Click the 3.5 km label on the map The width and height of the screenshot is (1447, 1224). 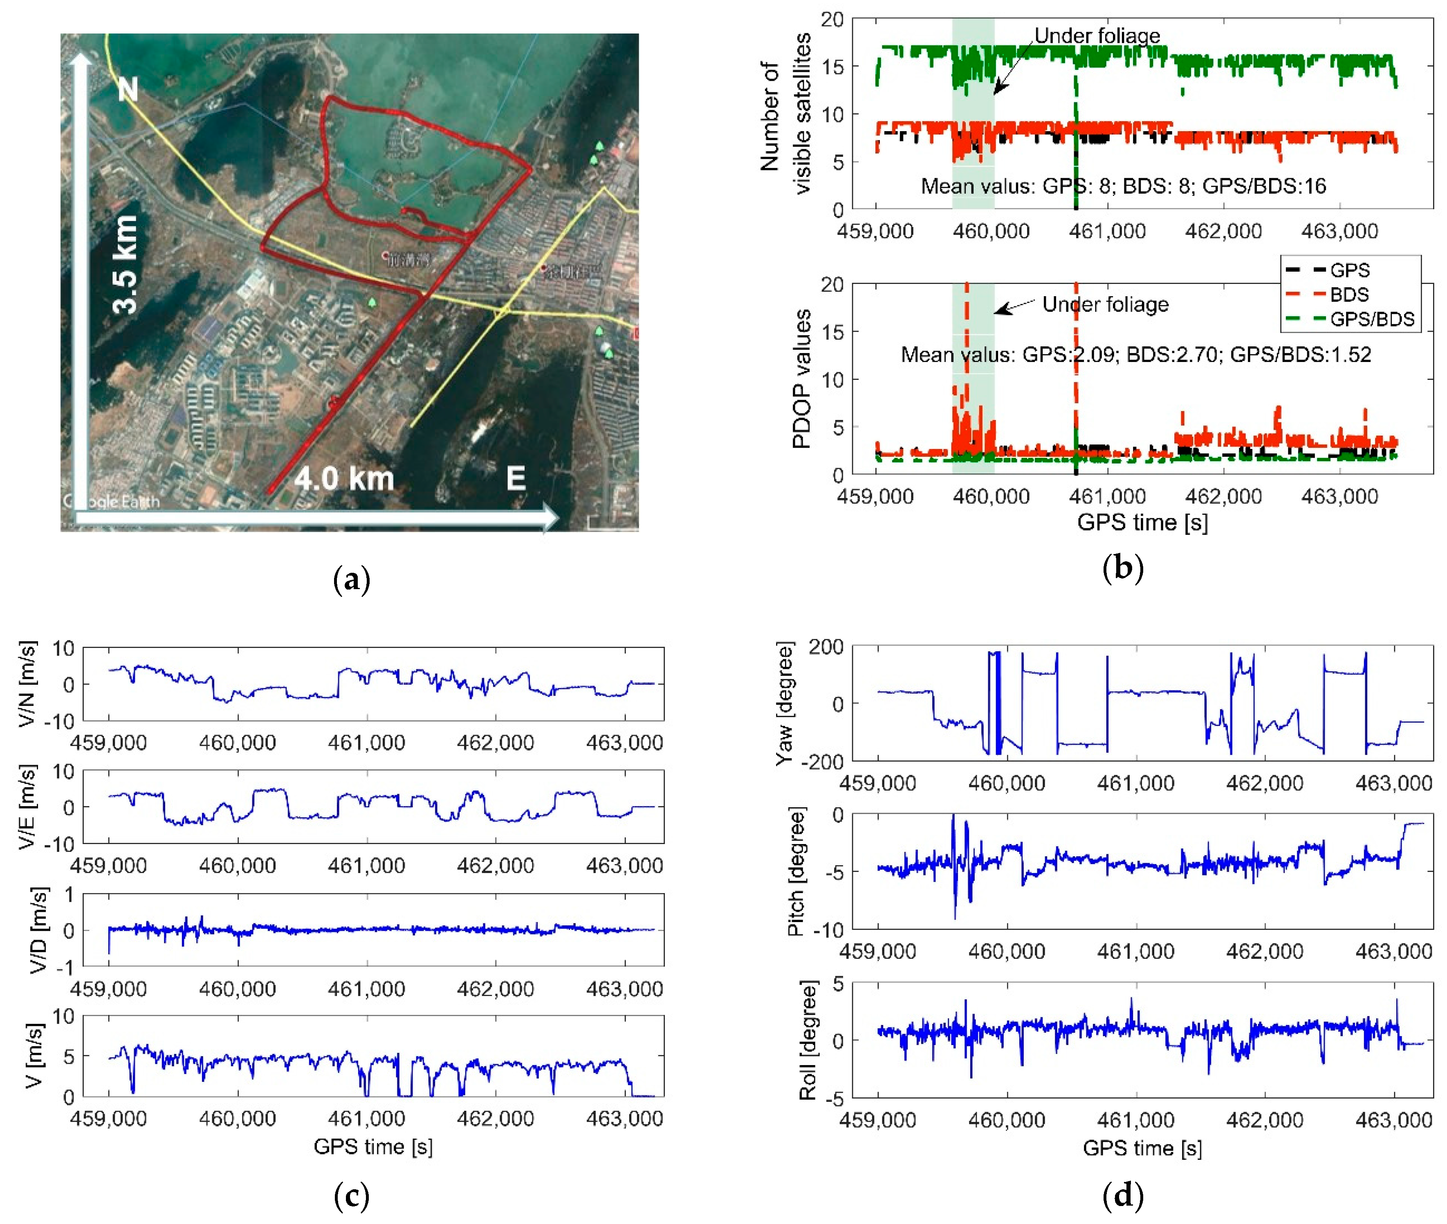coord(126,264)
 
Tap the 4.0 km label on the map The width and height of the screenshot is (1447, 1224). coord(344,479)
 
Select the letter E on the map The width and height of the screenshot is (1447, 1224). coord(515,479)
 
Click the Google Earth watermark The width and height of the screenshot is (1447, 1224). coord(111,501)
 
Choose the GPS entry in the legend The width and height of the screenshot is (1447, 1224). coord(1349,270)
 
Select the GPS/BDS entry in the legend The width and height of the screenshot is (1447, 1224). coord(1371,319)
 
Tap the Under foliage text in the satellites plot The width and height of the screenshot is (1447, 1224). coord(1097,36)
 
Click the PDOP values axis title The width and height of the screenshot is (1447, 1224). coord(801,379)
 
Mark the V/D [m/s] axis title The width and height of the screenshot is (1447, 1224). coord(40,930)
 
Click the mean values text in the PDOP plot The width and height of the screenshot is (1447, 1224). coord(1135,355)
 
